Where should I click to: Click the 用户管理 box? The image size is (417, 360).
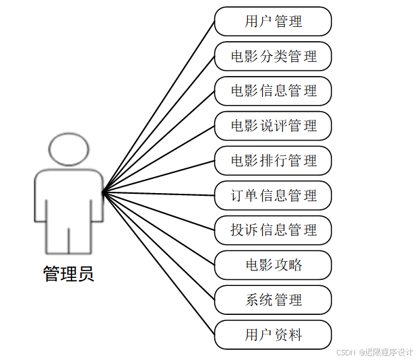(x=273, y=21)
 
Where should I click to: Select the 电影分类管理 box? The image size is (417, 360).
(x=273, y=56)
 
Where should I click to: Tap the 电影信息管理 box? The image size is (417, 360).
(x=273, y=91)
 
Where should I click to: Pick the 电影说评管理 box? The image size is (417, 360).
(x=273, y=126)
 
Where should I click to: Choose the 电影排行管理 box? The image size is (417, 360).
(x=273, y=161)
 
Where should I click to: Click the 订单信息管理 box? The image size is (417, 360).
(x=273, y=196)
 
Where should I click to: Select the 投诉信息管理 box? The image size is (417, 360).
(x=273, y=230)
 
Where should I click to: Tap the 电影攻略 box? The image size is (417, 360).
(x=273, y=265)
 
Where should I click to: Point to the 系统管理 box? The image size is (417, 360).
(x=273, y=300)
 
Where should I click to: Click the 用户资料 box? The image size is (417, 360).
(x=273, y=335)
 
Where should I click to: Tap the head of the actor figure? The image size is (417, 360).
(x=69, y=149)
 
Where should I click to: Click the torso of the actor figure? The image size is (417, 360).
(x=69, y=195)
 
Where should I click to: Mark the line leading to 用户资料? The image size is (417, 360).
(x=159, y=264)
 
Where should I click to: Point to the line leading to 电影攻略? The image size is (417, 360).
(x=159, y=229)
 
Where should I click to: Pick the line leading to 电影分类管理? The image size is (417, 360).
(x=159, y=124)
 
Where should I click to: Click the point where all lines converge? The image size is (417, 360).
(x=103, y=193)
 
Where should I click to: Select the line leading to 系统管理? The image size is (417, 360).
(x=159, y=247)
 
